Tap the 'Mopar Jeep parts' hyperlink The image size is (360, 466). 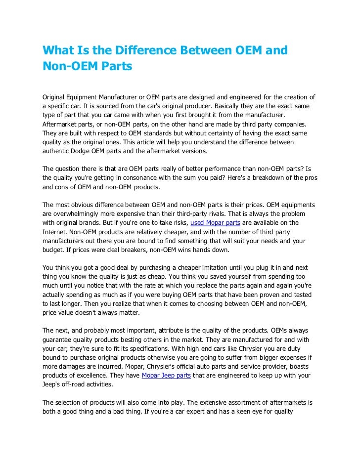[166, 376]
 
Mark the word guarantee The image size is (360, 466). [59, 340]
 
